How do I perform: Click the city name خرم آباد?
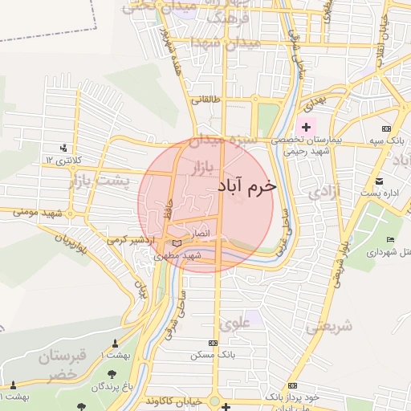point(246,185)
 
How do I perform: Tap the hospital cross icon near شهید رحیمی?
point(306,127)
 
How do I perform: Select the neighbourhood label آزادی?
point(325,193)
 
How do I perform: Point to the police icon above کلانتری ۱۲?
point(63,148)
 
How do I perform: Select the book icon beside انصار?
point(177,242)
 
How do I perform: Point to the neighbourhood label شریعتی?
point(329,327)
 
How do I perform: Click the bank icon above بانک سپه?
point(387,128)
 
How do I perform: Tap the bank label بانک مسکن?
point(207,353)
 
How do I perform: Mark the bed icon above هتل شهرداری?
point(391,240)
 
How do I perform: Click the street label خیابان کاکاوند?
point(173,399)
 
